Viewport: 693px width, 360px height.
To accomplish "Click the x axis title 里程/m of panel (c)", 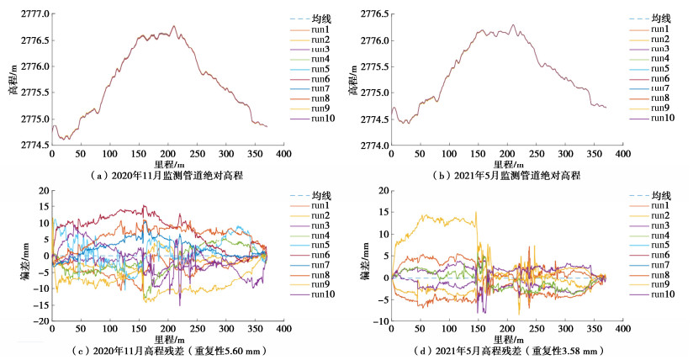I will point(168,338).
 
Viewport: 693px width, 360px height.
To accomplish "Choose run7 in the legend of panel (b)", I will point(659,87).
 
